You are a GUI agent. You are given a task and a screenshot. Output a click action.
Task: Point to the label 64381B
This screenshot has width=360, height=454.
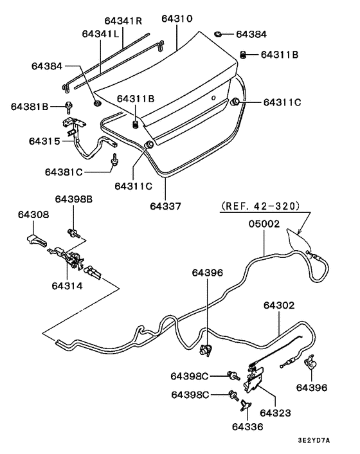pyautogui.click(x=29, y=105)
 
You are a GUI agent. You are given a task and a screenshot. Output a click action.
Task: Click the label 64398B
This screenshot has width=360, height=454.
pyautogui.click(x=74, y=199)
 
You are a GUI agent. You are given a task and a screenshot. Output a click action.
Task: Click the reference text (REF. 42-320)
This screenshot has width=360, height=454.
pyautogui.click(x=260, y=206)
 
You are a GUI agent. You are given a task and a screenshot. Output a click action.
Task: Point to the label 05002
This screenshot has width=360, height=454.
pyautogui.click(x=264, y=224)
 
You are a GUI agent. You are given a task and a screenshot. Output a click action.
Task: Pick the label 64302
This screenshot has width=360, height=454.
pyautogui.click(x=278, y=306)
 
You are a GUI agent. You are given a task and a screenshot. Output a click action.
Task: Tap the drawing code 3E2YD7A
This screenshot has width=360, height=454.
pyautogui.click(x=314, y=440)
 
